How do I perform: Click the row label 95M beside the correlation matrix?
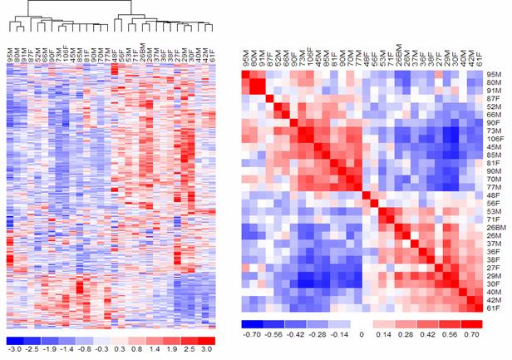[x=494, y=75]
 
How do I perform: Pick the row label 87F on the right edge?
[x=494, y=99]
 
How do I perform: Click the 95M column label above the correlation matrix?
[x=246, y=60]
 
